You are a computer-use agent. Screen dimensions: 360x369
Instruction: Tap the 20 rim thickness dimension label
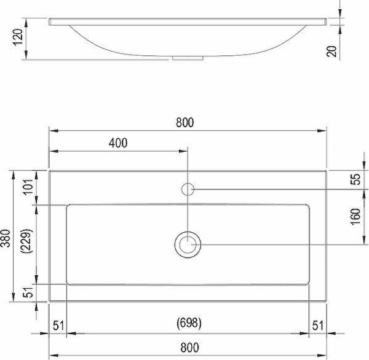tap(333, 52)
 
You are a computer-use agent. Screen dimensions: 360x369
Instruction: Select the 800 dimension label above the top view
tap(184, 122)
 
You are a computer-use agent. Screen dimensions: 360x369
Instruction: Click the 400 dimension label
tap(117, 144)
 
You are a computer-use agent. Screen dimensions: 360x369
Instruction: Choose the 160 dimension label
tap(355, 216)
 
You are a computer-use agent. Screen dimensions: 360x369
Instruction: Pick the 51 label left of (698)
tap(58, 325)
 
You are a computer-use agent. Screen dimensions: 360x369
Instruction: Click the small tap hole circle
tap(188, 189)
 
